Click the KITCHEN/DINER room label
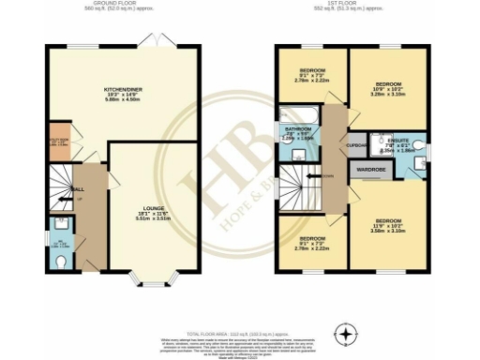121,91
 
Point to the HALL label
79,188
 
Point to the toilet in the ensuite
424,147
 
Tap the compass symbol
348,334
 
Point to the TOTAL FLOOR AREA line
240,333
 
